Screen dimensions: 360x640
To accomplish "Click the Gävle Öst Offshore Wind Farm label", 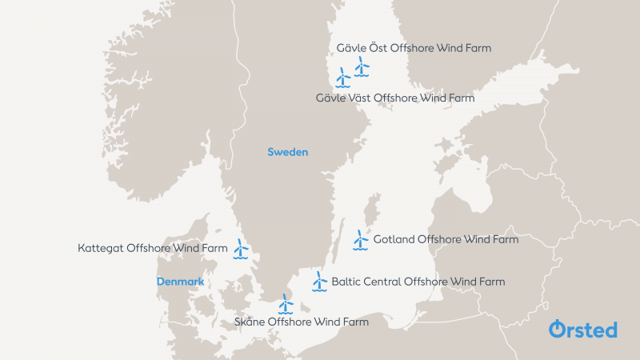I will point(414,48).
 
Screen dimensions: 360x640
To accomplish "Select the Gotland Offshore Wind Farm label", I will point(446,239).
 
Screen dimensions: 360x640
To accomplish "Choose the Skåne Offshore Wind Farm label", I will point(302,322).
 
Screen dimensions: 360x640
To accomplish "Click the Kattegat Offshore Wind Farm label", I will point(153,249).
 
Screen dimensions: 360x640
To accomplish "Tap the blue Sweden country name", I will point(287,152).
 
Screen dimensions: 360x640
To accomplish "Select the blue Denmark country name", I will point(180,282).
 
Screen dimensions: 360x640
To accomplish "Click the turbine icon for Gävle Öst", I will point(362,66).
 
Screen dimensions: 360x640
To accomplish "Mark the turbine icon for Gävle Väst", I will point(343,78).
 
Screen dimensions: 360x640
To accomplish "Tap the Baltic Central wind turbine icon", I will point(319,282).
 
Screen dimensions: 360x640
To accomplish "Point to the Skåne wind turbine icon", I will point(286,304).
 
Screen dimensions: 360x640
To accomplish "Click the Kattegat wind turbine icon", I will point(241,249).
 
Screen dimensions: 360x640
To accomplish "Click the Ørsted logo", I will point(582,329).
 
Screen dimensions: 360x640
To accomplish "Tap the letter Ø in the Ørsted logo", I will point(558,329).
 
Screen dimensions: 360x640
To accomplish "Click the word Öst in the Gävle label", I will point(378,48).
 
